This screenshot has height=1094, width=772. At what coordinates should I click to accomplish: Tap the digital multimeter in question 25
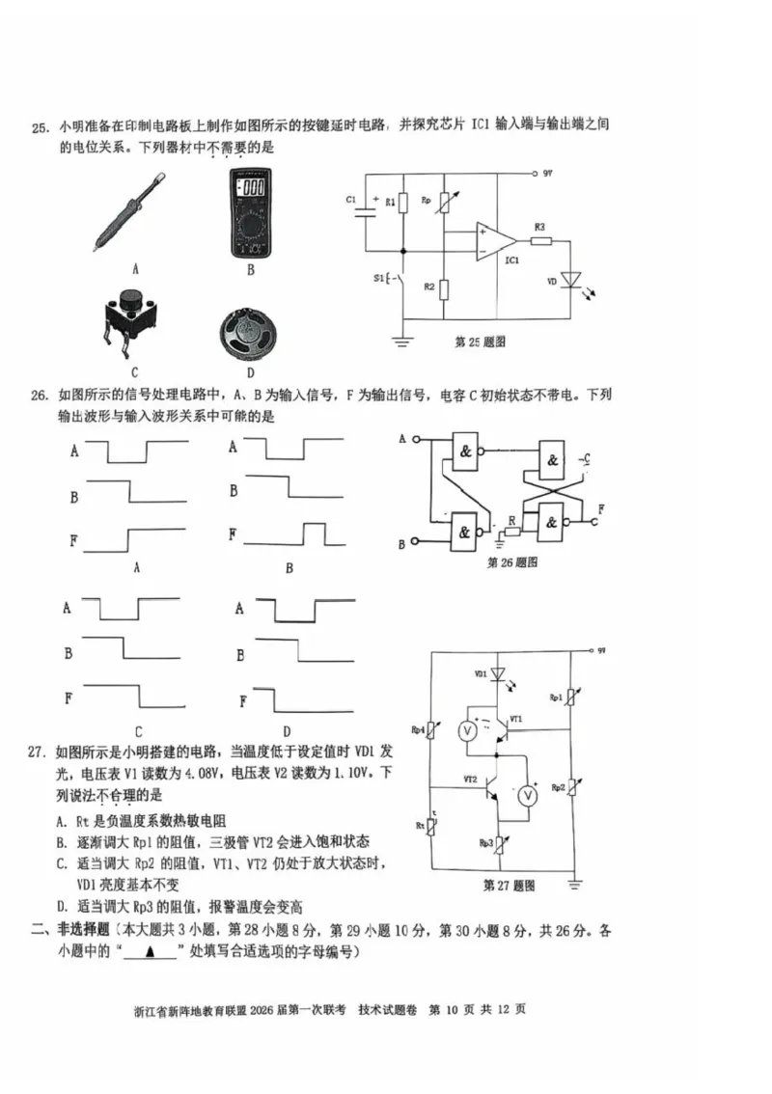[250, 213]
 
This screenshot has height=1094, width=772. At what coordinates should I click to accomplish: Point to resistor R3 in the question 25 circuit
[540, 241]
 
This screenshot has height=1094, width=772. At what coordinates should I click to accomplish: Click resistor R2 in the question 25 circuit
[442, 287]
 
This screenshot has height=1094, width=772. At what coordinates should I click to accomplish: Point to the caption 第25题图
[480, 342]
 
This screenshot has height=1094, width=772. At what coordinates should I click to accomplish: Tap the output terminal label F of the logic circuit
[601, 508]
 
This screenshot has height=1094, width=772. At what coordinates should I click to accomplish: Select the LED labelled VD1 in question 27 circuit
[499, 674]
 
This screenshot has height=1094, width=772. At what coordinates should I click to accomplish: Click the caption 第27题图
[509, 885]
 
